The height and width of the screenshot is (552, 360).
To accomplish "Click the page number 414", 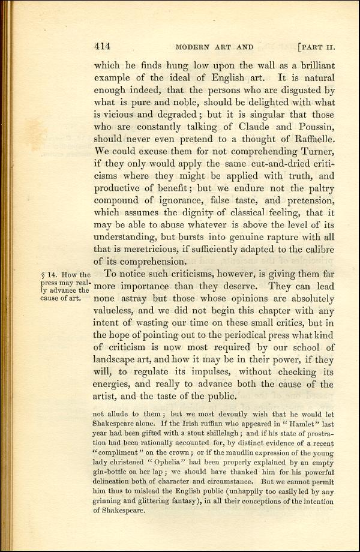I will tap(102, 46).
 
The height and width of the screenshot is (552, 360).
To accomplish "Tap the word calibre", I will tap(316, 246).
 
